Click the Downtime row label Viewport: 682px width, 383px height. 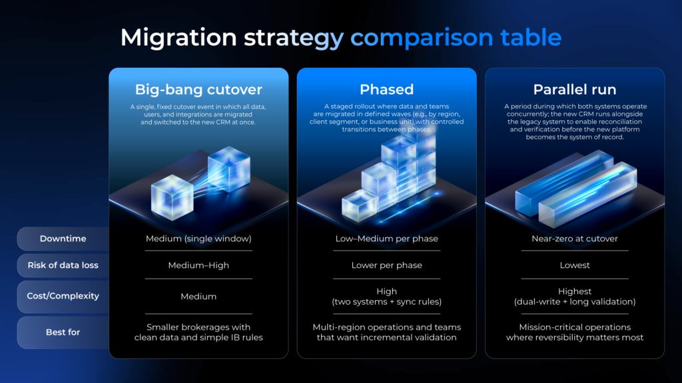(63, 239)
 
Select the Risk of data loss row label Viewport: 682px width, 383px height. (63, 265)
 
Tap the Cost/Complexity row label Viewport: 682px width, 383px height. (63, 296)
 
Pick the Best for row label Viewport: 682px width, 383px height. (63, 332)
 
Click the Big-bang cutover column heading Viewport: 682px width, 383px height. (198, 90)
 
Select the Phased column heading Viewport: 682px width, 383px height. (387, 90)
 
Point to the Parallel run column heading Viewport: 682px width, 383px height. (575, 90)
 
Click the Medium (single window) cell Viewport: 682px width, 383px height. (198, 239)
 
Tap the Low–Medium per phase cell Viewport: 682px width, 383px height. (387, 239)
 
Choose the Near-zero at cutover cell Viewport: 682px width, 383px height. (575, 239)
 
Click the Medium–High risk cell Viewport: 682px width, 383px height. (198, 265)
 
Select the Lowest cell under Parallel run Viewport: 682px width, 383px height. (575, 265)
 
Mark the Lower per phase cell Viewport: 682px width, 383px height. (387, 265)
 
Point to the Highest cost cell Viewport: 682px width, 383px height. (575, 297)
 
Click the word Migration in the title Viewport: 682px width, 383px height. (178, 38)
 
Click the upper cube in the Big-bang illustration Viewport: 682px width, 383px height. (229, 169)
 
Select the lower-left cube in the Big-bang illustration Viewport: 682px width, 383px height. (172, 197)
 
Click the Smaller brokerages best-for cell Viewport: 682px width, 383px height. (198, 332)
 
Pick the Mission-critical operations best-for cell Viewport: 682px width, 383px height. (575, 332)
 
